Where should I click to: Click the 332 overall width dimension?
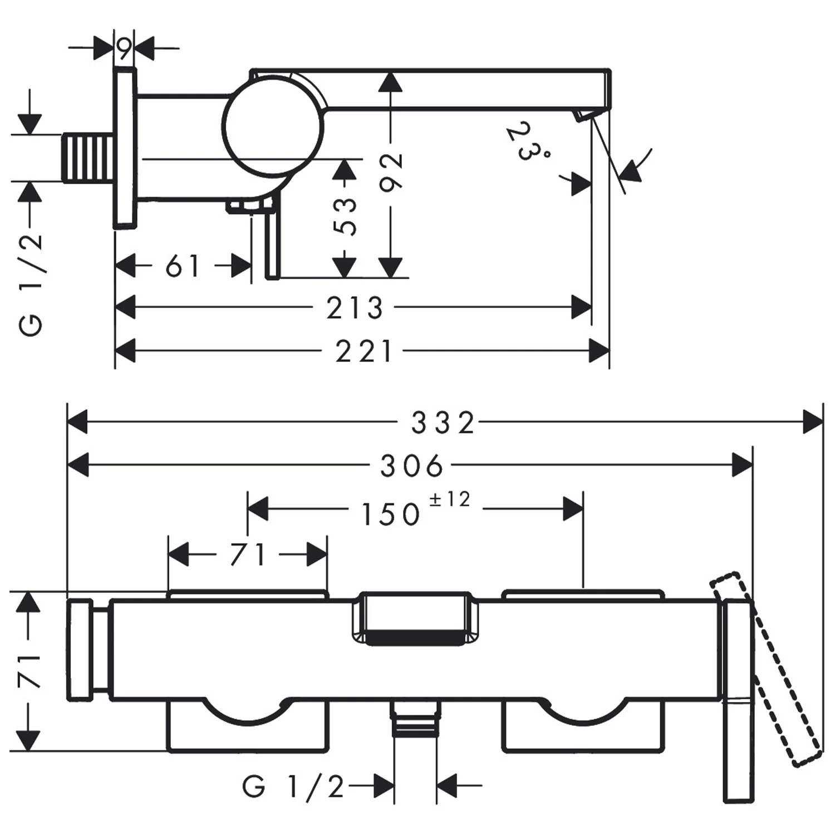(x=443, y=423)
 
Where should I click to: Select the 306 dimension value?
(x=412, y=466)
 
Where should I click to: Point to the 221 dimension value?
(x=364, y=352)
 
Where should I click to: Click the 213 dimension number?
(x=355, y=308)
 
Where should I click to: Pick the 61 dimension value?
(x=182, y=266)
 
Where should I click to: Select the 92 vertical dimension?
(x=391, y=171)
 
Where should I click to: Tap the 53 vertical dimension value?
(x=345, y=215)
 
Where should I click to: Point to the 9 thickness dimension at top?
(x=125, y=49)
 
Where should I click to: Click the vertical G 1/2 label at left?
(x=32, y=284)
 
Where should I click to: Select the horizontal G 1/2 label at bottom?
(x=293, y=787)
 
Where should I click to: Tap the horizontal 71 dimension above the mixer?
(x=248, y=554)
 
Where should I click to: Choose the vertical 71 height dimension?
(x=31, y=671)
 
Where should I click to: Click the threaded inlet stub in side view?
(x=89, y=157)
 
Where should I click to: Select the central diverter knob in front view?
(x=415, y=618)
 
